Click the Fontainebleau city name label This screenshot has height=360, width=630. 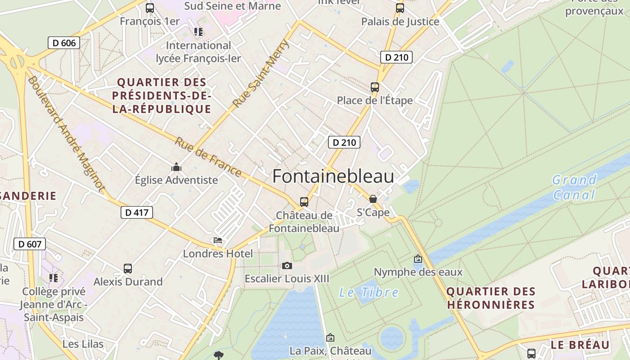click(333, 176)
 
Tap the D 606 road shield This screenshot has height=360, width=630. click(64, 43)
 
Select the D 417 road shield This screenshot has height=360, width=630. click(137, 212)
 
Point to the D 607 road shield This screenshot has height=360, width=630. click(30, 244)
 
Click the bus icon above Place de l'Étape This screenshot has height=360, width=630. click(375, 87)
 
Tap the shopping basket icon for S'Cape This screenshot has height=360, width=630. click(373, 199)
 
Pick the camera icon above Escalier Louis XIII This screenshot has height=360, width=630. click(287, 265)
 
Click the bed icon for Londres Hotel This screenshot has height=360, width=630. click(218, 240)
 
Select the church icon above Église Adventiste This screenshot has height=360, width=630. click(176, 167)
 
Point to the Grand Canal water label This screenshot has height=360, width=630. click(574, 187)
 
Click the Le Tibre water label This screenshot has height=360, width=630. click(369, 292)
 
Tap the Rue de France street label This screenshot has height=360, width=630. click(208, 157)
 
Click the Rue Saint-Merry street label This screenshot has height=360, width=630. click(261, 74)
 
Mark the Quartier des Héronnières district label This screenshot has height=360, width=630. click(491, 298)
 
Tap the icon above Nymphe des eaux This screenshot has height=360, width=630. click(418, 259)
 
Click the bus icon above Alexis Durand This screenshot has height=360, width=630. click(128, 269)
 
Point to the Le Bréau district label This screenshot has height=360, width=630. click(580, 345)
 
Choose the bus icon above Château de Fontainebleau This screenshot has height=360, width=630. click(304, 202)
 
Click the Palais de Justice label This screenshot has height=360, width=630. click(400, 22)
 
